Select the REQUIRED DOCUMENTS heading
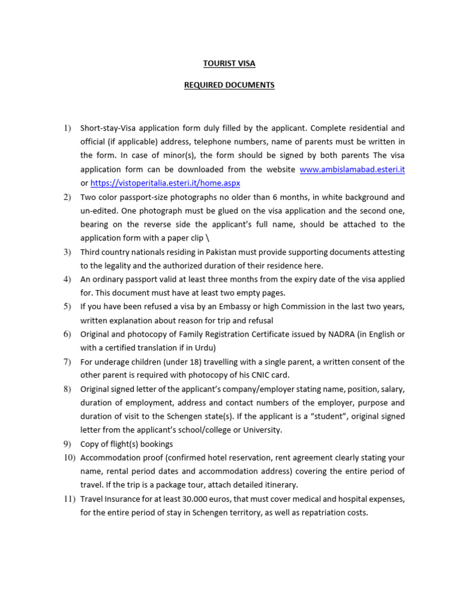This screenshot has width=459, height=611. (229, 85)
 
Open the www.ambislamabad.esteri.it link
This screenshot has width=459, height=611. (352, 169)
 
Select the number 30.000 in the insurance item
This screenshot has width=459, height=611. (197, 498)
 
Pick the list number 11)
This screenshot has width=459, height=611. (70, 498)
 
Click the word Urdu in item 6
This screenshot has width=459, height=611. (203, 348)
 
